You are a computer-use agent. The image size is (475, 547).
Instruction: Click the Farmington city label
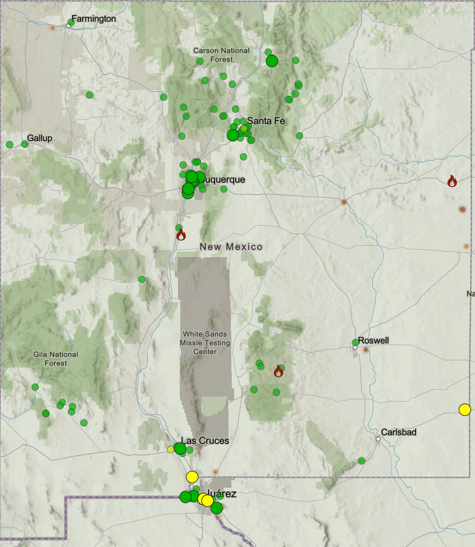pos(94,19)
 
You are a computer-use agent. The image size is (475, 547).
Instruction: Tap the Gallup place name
pos(40,138)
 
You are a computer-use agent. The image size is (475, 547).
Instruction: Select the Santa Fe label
pos(266,121)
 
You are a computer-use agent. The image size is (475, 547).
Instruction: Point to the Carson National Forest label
pos(221,55)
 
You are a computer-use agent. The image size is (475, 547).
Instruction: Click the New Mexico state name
pos(231,247)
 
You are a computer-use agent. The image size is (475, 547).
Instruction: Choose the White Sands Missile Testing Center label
pos(205,343)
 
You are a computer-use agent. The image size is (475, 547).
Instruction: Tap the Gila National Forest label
pos(56,359)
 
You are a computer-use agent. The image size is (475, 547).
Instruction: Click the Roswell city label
pos(373,340)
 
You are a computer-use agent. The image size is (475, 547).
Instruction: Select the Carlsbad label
pos(399,432)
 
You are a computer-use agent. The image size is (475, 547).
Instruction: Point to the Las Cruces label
pos(205,441)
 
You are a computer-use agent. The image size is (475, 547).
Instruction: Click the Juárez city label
pos(221,494)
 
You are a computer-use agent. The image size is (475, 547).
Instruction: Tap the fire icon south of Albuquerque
pos(181,235)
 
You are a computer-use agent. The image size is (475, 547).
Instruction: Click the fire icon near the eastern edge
pos(452,181)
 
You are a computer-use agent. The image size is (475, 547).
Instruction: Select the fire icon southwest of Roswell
pos(278,371)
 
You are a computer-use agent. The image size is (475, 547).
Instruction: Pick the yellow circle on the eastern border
pos(464,409)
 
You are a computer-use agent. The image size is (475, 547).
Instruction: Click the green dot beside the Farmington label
pos(71,22)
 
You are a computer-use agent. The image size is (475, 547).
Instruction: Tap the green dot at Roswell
pos(355,342)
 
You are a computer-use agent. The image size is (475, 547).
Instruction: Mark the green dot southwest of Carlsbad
pos(361,461)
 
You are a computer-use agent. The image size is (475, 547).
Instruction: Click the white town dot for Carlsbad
pos(378,439)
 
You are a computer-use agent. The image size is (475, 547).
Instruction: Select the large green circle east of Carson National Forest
pos(272,61)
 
